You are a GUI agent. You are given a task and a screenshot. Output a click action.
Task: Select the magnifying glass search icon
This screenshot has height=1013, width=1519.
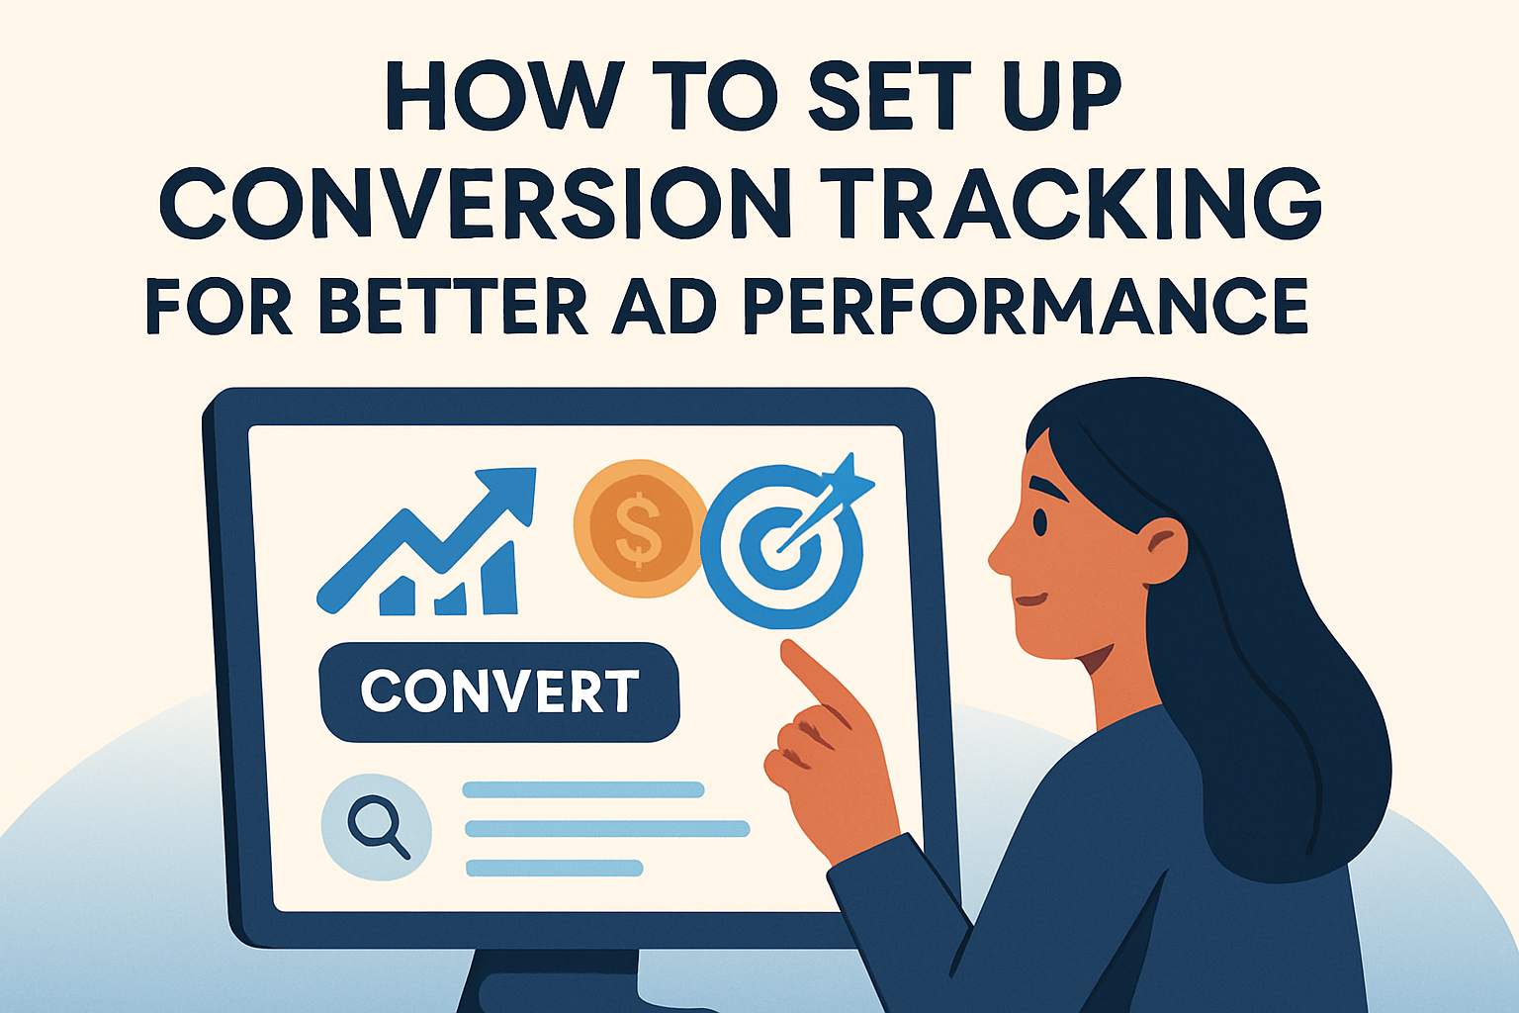coord(377,826)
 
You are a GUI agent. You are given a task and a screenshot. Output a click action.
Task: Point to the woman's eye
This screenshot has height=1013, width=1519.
coord(1039,521)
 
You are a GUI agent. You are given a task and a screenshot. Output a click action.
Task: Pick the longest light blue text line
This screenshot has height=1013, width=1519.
coord(607,828)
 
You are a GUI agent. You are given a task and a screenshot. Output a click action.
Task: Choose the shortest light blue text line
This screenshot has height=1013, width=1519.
coord(554,868)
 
